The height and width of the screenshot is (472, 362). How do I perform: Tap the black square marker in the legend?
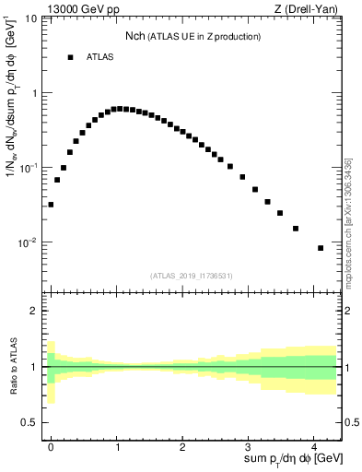point(70,57)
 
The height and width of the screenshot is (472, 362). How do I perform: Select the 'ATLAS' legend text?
point(99,57)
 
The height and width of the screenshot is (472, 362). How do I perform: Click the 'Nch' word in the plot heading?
point(135,37)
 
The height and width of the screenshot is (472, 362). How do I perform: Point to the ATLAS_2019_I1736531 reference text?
point(190,276)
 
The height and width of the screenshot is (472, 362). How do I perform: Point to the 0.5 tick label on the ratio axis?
point(29,422)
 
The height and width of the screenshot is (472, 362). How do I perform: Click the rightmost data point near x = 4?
point(321,248)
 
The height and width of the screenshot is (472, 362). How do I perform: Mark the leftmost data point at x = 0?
point(51,205)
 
